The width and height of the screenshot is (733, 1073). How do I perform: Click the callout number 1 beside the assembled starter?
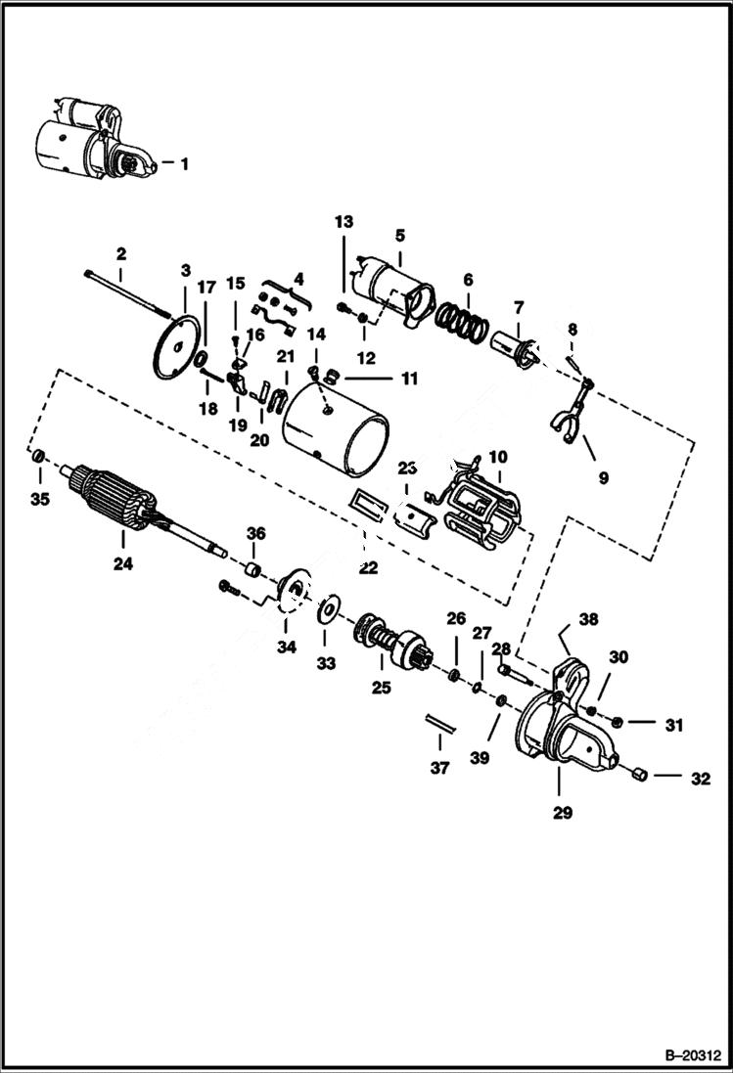pos(183,164)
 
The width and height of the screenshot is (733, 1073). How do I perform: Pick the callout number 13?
pos(344,222)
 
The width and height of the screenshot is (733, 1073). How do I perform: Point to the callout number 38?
pos(587,619)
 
